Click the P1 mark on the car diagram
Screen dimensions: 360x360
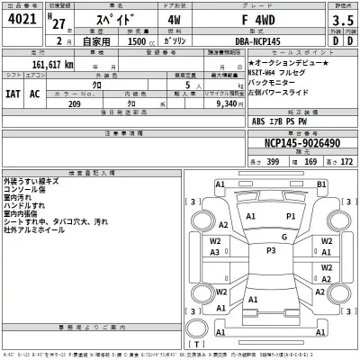[291, 217]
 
